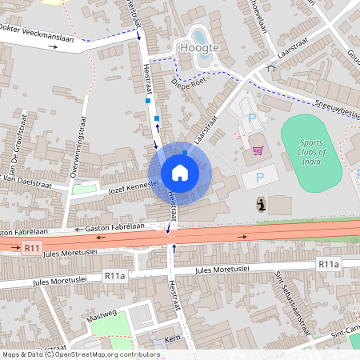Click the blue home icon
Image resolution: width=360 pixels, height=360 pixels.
coord(179,173)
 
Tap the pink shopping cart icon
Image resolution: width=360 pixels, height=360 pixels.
coord(258,150)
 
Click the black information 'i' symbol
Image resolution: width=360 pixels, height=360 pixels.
coord(262,205)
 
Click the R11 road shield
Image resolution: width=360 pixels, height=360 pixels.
coord(32,249)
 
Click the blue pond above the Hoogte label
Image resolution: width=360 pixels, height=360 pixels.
coord(199,35)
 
